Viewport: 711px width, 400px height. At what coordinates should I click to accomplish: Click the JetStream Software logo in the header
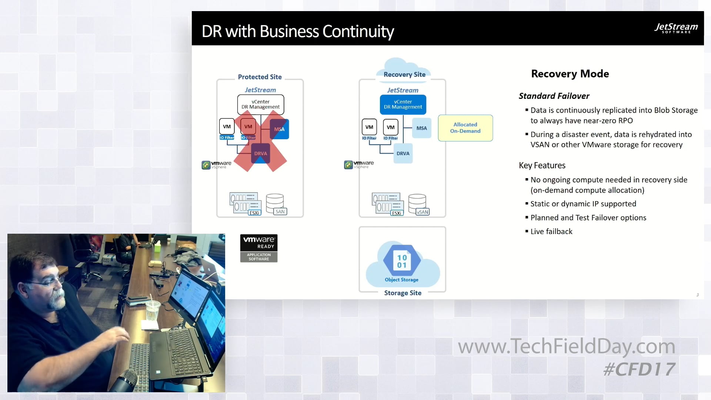[x=676, y=28]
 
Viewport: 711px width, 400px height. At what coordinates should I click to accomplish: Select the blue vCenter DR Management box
[x=403, y=104]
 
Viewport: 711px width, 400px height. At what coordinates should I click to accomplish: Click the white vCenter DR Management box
[x=260, y=104]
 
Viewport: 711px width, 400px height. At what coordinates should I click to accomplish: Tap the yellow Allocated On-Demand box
[x=465, y=128]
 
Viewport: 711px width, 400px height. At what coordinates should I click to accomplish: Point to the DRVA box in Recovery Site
[x=403, y=153]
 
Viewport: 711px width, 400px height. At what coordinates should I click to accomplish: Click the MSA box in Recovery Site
[x=421, y=128]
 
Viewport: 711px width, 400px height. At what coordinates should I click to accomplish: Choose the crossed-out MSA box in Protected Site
[x=279, y=129]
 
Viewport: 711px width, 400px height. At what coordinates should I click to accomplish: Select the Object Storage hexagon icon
[x=402, y=261]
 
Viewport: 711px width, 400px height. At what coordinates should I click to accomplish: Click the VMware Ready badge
[x=258, y=248]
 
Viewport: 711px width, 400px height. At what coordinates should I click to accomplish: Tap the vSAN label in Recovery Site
[x=423, y=212]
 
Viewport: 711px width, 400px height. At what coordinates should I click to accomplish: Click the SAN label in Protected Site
[x=280, y=212]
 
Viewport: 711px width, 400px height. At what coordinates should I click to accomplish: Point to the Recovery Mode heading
[x=570, y=74]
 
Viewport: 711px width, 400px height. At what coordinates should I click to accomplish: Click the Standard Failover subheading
[x=554, y=96]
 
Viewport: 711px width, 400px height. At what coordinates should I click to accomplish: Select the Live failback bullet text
[x=551, y=231]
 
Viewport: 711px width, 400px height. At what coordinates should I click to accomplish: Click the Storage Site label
[x=403, y=293]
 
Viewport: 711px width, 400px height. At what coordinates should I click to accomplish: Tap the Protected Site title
[x=260, y=77]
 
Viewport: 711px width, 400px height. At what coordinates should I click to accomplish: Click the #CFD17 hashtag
[x=639, y=369]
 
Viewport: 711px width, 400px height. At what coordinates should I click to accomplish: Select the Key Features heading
[x=542, y=166]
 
